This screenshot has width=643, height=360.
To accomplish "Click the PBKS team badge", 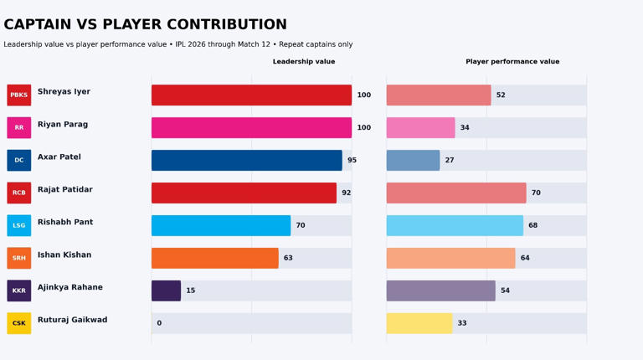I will [18, 95].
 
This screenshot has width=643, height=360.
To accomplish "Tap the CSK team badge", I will [18, 323].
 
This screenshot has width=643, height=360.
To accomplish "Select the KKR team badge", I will [18, 291].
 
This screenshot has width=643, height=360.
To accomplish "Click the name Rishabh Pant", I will [65, 223].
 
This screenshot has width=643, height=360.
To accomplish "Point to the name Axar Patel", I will [59, 157].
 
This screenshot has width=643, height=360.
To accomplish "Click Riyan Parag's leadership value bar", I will [251, 128].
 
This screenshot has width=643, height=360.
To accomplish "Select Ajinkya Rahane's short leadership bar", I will [166, 291].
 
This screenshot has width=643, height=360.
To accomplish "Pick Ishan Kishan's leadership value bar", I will [214, 258].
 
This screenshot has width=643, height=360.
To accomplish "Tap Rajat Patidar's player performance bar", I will [456, 193].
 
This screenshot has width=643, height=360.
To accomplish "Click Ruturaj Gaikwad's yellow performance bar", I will [419, 323].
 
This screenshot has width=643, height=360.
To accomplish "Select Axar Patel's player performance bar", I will [413, 161].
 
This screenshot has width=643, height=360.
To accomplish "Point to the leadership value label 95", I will [352, 161].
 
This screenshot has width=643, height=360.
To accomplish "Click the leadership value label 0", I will [159, 323].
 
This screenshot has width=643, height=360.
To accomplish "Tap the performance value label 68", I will [533, 226].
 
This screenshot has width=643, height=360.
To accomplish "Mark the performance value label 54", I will [506, 291].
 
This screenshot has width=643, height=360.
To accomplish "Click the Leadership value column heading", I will [304, 62].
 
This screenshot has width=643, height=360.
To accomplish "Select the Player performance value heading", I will [512, 62].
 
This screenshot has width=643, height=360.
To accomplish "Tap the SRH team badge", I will [18, 258].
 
